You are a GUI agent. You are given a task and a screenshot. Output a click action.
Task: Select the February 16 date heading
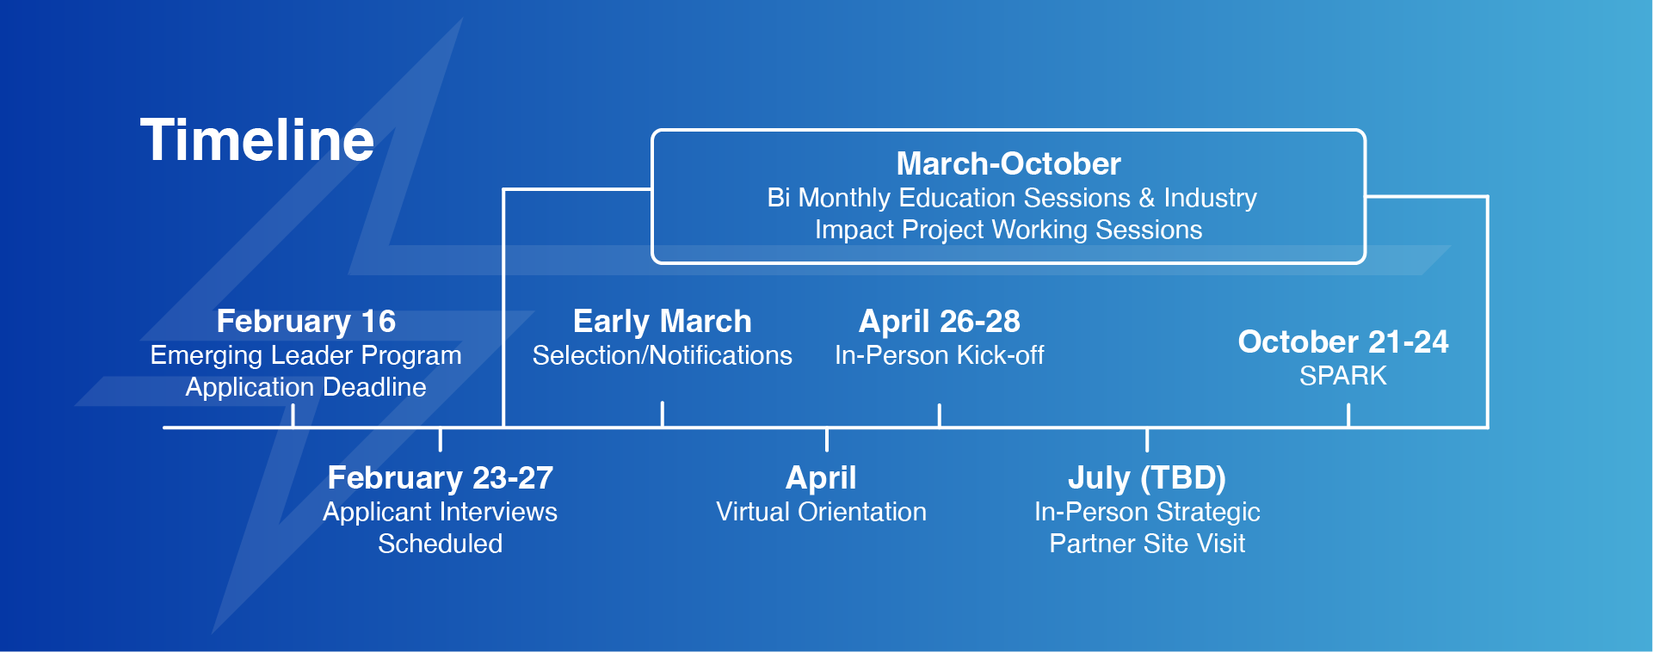pyautogui.click(x=306, y=322)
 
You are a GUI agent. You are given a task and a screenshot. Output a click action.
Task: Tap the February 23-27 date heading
pyautogui.click(x=441, y=477)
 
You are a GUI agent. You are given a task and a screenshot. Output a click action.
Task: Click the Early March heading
pyautogui.click(x=663, y=322)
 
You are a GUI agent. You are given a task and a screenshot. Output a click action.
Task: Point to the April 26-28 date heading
pyautogui.click(x=940, y=322)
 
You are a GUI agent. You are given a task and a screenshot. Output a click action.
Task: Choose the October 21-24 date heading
pyautogui.click(x=1343, y=341)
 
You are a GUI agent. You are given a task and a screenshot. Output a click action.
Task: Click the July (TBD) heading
pyautogui.click(x=1147, y=477)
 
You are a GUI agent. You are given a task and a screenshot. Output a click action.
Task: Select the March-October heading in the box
pyautogui.click(x=1008, y=163)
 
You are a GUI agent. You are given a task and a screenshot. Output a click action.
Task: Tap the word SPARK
pyautogui.click(x=1343, y=376)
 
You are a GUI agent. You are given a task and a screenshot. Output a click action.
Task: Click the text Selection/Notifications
pyautogui.click(x=663, y=355)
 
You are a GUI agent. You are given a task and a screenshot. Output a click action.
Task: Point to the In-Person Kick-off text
pyautogui.click(x=940, y=355)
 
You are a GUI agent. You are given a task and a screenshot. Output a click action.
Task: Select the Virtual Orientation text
pyautogui.click(x=822, y=512)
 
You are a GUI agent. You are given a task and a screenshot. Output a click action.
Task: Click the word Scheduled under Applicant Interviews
pyautogui.click(x=441, y=544)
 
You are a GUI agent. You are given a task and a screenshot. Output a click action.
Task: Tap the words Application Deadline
pyautogui.click(x=306, y=387)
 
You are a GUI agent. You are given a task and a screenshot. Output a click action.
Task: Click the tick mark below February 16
pyautogui.click(x=293, y=415)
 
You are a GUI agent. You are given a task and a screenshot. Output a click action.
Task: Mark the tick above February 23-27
pyautogui.click(x=441, y=440)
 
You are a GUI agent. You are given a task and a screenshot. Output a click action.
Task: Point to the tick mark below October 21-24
pyautogui.click(x=1348, y=415)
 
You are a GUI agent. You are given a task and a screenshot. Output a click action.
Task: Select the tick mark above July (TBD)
pyautogui.click(x=1147, y=440)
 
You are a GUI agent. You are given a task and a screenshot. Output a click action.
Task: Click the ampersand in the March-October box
pyautogui.click(x=1147, y=199)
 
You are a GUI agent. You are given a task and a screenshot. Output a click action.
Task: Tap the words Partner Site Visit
pyautogui.click(x=1147, y=544)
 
